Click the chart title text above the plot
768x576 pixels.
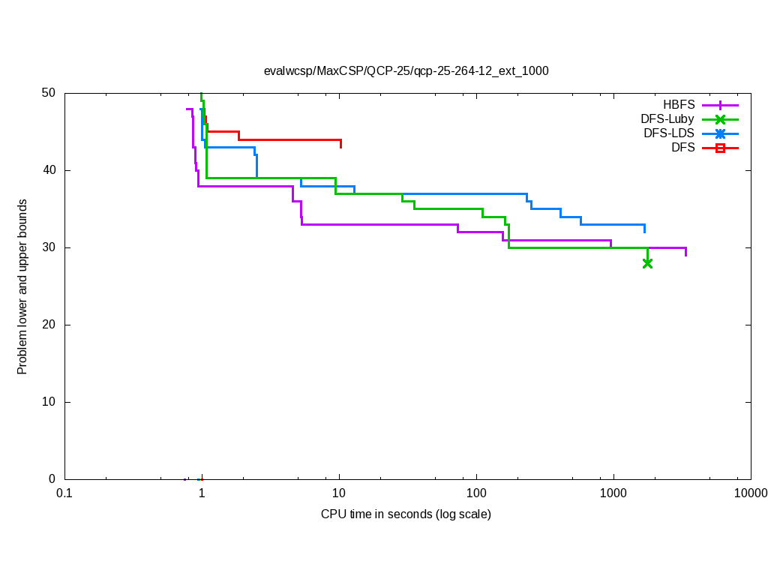pyautogui.click(x=406, y=71)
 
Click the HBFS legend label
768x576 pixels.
pyautogui.click(x=679, y=105)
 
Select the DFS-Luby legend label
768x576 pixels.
pyautogui.click(x=667, y=119)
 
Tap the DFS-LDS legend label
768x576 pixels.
pyautogui.click(x=669, y=133)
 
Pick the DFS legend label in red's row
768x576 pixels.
pyautogui.click(x=682, y=148)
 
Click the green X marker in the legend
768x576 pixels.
pyautogui.click(x=720, y=119)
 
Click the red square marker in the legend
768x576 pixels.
pyautogui.click(x=720, y=148)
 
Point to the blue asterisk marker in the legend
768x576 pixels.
pyautogui.click(x=720, y=133)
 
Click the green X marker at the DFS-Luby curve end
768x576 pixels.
pyautogui.click(x=647, y=263)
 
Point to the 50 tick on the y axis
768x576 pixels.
pyautogui.click(x=49, y=93)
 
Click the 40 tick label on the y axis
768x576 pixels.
pyautogui.click(x=49, y=170)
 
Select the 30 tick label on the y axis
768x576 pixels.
pyautogui.click(x=49, y=247)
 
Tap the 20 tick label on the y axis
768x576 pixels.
pyautogui.click(x=49, y=325)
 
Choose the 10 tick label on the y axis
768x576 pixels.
pyautogui.click(x=49, y=402)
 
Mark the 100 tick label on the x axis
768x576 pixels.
pyautogui.click(x=476, y=493)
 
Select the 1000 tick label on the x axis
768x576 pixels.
pyautogui.click(x=613, y=493)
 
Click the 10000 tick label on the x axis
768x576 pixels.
pyautogui.click(x=750, y=493)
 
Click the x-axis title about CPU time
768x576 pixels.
pyautogui.click(x=406, y=514)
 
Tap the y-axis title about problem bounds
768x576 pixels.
pyautogui.click(x=22, y=286)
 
